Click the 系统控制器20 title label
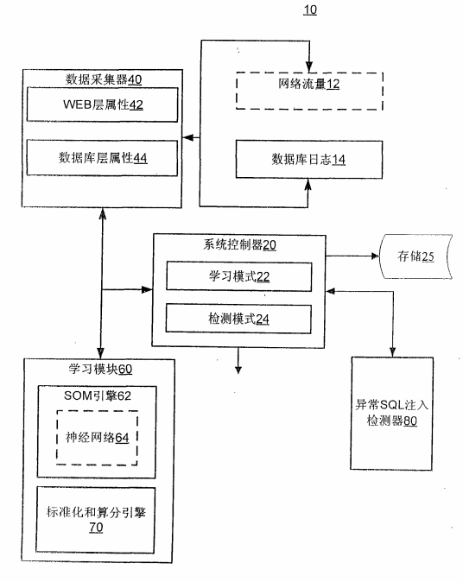click(235, 244)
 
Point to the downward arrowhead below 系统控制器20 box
click(238, 369)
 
